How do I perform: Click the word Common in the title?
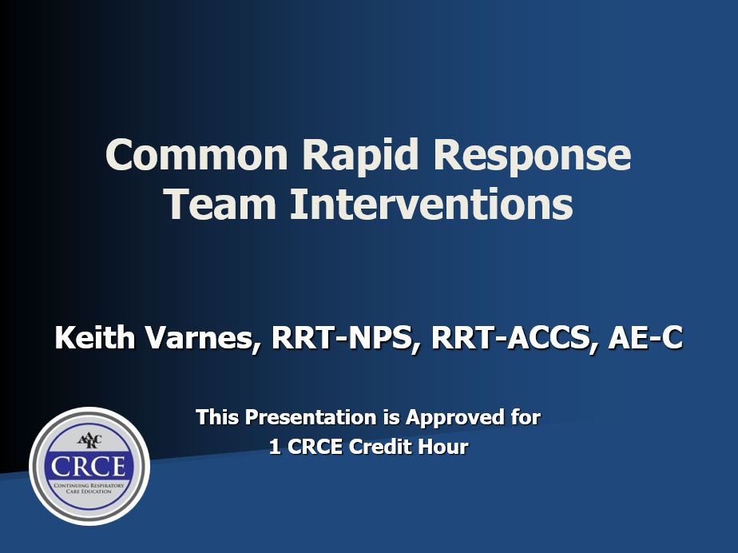(196, 154)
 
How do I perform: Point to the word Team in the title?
(221, 204)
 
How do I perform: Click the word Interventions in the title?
(431, 204)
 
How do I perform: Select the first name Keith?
(95, 337)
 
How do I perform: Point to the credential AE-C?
(645, 338)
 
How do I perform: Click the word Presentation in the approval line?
(310, 417)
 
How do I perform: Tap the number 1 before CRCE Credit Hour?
(275, 447)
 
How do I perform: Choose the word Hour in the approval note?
(443, 447)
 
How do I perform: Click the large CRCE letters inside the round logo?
(89, 467)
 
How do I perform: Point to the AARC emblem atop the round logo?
(89, 441)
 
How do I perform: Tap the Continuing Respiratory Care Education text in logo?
(89, 488)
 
